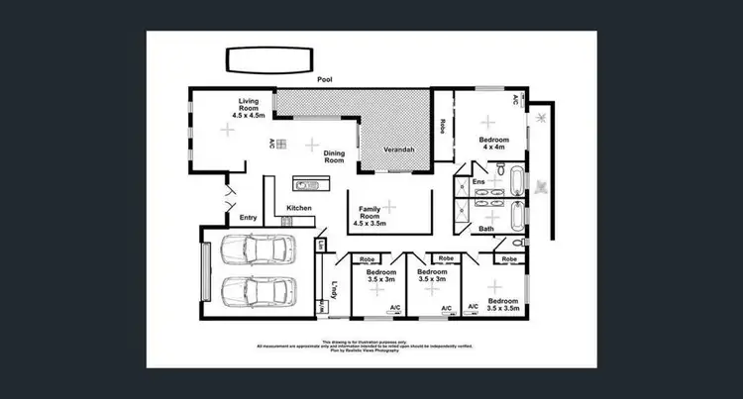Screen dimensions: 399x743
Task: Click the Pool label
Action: [323, 78]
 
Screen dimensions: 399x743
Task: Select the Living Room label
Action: [247, 108]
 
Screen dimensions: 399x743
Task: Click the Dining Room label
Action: [334, 155]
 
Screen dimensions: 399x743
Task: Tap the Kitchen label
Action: [299, 208]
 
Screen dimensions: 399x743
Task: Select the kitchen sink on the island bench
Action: [306, 183]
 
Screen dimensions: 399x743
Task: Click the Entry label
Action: [248, 218]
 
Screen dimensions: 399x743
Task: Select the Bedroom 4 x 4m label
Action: [493, 145]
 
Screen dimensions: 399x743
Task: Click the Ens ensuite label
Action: [478, 182]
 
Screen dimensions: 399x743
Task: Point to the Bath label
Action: [486, 229]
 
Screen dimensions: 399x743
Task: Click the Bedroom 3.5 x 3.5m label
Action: [502, 304]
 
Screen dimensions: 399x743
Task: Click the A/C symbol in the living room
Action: [271, 143]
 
